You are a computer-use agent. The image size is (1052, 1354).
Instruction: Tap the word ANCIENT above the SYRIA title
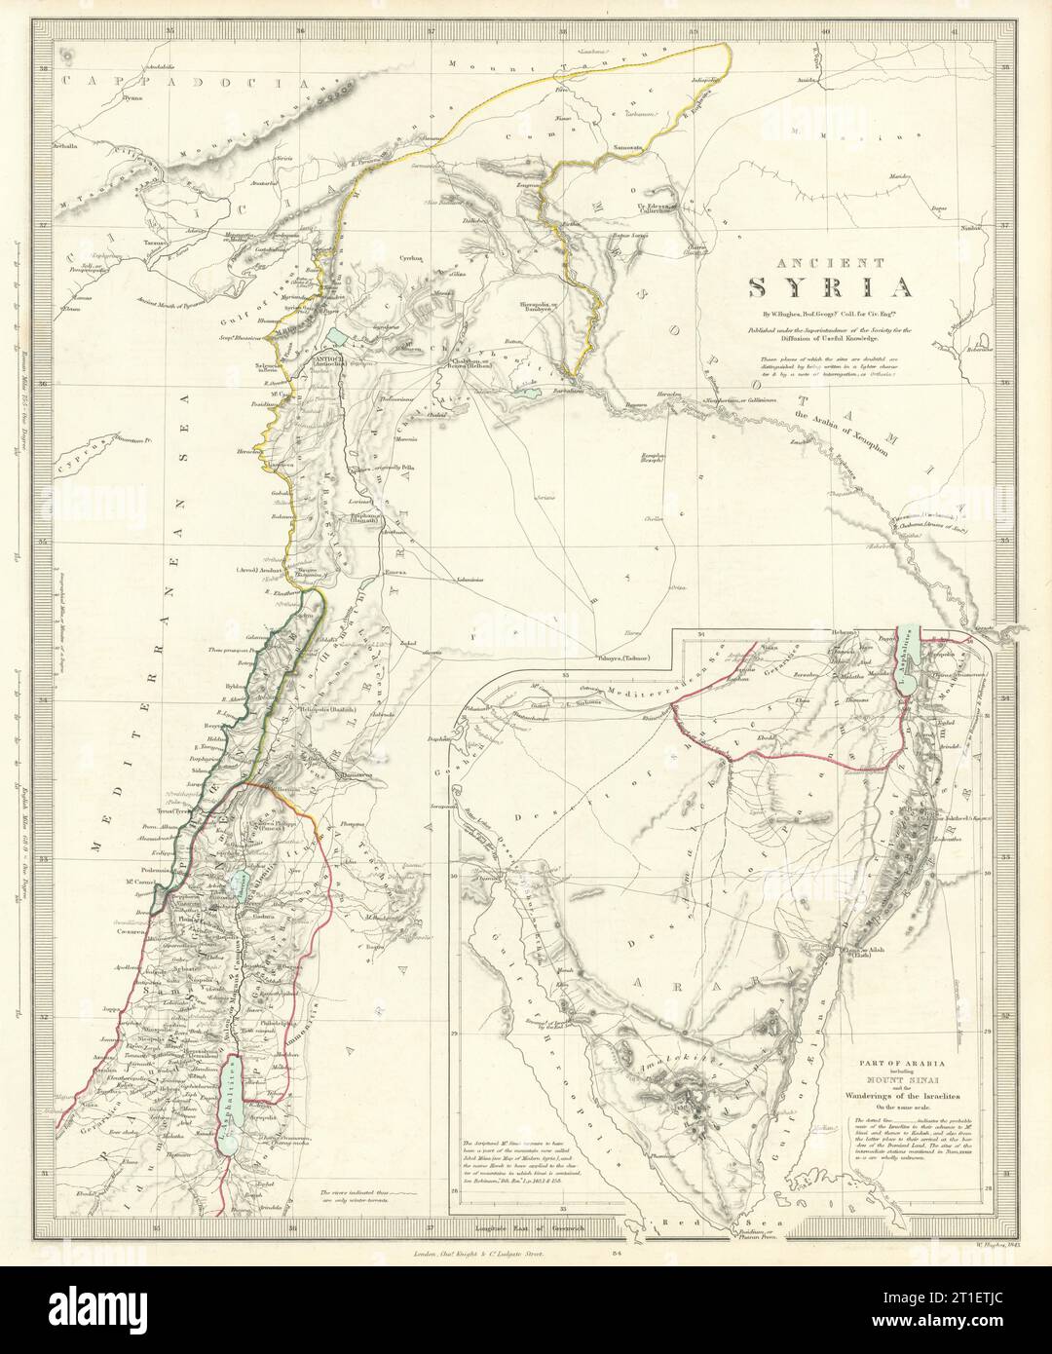point(830,262)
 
